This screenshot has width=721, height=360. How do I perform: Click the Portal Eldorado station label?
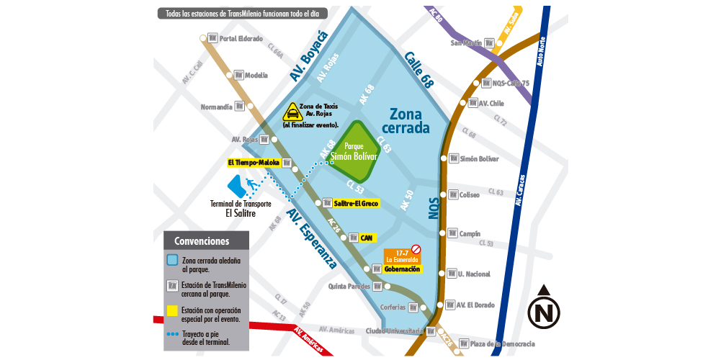click(x=241, y=38)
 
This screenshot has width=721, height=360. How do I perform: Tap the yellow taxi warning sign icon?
click(x=292, y=112)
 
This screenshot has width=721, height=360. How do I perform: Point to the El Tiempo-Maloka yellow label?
click(x=254, y=163)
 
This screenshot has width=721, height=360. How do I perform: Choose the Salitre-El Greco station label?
click(x=356, y=203)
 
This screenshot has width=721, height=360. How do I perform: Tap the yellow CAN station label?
click(x=365, y=238)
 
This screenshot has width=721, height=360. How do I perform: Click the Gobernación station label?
click(x=401, y=269)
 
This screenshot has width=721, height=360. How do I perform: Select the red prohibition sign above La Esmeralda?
click(x=416, y=248)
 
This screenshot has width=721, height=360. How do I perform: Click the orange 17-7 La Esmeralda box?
click(x=402, y=256)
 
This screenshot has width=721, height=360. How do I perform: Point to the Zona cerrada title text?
click(x=409, y=122)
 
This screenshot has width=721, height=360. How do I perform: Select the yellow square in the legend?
click(x=172, y=311)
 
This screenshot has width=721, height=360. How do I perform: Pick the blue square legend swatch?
click(x=172, y=261)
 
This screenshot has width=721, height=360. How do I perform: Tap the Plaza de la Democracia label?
click(x=501, y=343)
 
